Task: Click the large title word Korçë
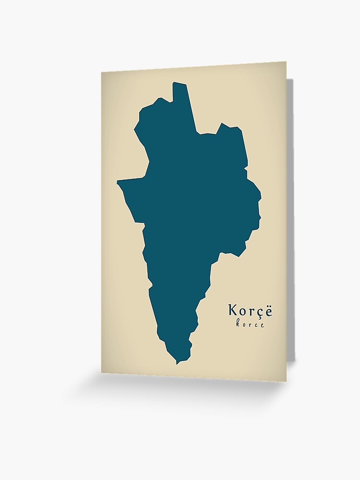tap(250, 311)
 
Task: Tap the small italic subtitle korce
tap(250, 325)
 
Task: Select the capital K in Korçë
tap(233, 310)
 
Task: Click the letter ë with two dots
tap(268, 311)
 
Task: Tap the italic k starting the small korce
tap(238, 324)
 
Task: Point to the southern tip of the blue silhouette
tap(177, 363)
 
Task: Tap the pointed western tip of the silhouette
tap(119, 182)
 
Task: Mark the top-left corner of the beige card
tap(102, 72)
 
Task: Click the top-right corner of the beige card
tap(286, 62)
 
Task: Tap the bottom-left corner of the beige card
tap(102, 372)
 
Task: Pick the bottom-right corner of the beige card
tap(286, 381)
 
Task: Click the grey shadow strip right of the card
tap(290, 216)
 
